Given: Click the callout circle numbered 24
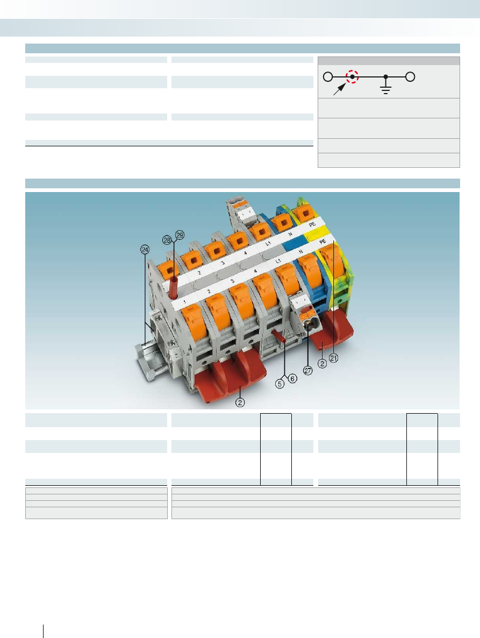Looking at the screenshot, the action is point(145,250).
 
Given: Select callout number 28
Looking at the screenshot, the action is point(167,240).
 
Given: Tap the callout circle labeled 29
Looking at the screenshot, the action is point(180,235).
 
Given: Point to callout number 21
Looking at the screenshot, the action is point(334,358).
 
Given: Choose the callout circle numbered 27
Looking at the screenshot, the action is point(308,371).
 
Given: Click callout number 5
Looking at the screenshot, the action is point(280,384).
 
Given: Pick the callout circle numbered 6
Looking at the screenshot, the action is point(292,378).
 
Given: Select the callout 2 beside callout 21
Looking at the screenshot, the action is point(323,363).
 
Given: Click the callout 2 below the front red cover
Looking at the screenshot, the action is point(240,402).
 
